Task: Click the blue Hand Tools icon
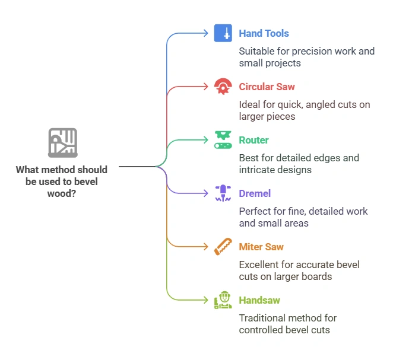pyautogui.click(x=223, y=33)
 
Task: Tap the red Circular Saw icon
pyautogui.click(x=223, y=87)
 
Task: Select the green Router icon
pyautogui.click(x=223, y=140)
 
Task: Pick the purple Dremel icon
pyautogui.click(x=223, y=193)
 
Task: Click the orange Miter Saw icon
pyautogui.click(x=223, y=247)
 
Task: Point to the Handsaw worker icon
pyautogui.click(x=223, y=300)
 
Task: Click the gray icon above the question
pyautogui.click(x=62, y=143)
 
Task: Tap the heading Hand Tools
pyautogui.click(x=264, y=34)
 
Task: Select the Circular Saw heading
pyautogui.click(x=267, y=87)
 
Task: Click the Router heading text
pyautogui.click(x=253, y=141)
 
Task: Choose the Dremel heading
pyautogui.click(x=255, y=194)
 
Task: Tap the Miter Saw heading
pyautogui.click(x=261, y=247)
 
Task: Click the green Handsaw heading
pyautogui.click(x=259, y=301)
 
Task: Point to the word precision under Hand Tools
pyautogui.click(x=308, y=51)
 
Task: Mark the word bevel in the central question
pyautogui.click(x=86, y=181)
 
